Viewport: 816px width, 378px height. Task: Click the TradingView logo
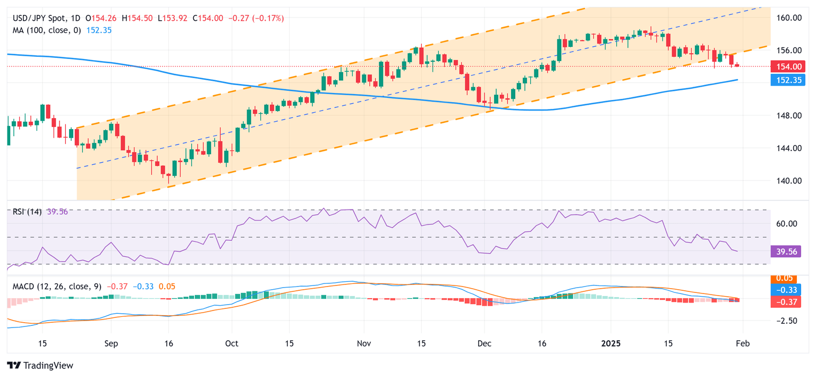[40, 365]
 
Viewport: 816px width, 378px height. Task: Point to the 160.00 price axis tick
[789, 18]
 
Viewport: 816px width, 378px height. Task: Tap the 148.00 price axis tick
[789, 115]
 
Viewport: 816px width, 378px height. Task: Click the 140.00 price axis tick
[789, 181]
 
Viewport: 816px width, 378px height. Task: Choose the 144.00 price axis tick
[789, 148]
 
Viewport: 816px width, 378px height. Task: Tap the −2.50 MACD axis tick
[788, 321]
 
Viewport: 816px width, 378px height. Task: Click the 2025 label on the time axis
[610, 343]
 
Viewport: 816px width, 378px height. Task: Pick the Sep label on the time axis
[110, 343]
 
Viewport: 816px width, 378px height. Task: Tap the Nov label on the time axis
[363, 343]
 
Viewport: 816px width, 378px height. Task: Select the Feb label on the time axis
[742, 343]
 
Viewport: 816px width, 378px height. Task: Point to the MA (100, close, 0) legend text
[47, 30]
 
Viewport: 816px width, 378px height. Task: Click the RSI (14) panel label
[25, 212]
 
